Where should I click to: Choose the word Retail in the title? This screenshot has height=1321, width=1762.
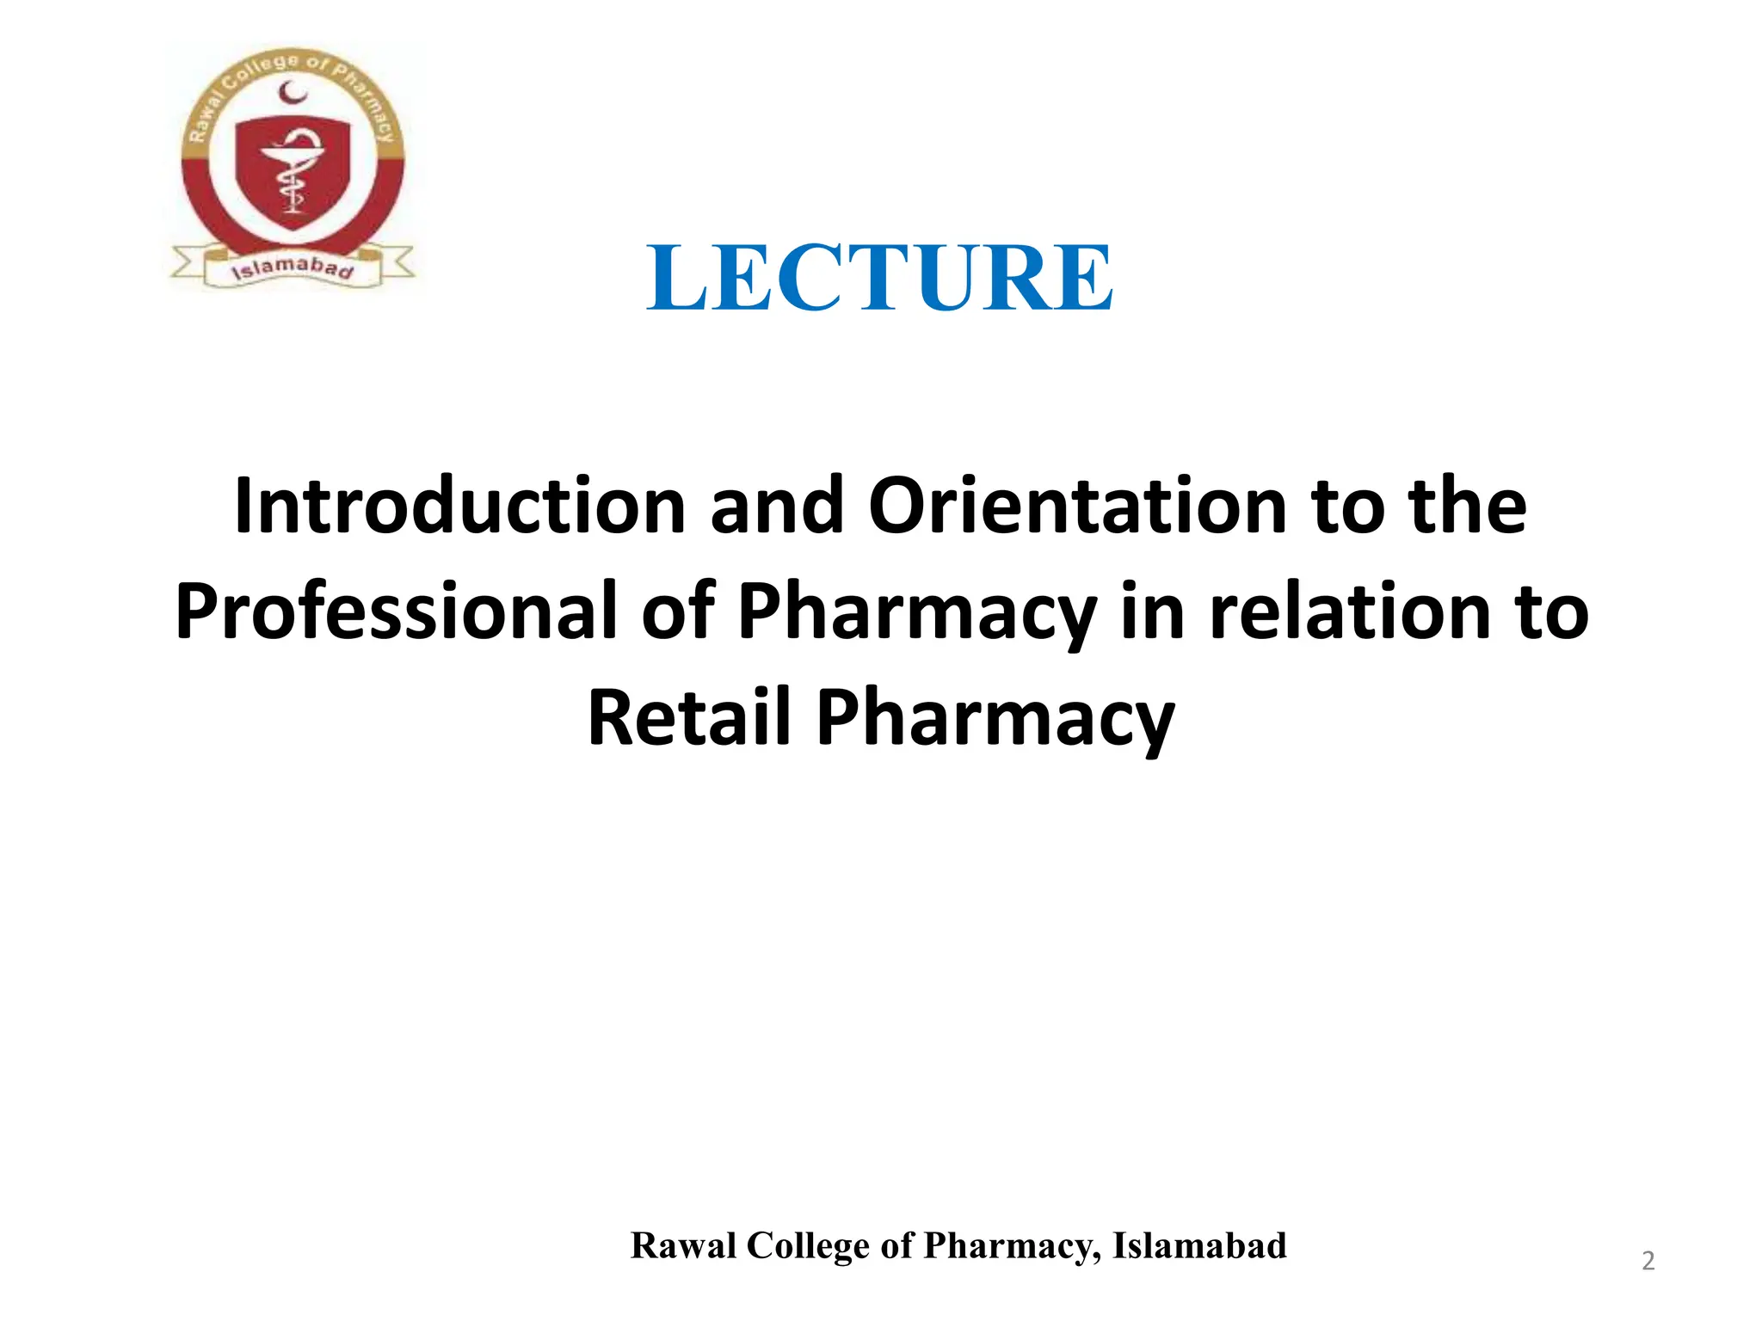(x=688, y=717)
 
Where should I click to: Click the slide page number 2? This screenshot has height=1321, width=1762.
(x=1648, y=1261)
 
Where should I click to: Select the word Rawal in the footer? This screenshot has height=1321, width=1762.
(x=683, y=1245)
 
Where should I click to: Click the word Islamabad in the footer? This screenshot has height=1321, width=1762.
(x=1199, y=1245)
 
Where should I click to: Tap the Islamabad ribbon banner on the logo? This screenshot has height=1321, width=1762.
(x=293, y=268)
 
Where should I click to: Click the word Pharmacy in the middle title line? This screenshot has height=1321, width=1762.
(x=917, y=613)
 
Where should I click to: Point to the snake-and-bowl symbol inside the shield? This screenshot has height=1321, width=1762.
(x=293, y=168)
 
